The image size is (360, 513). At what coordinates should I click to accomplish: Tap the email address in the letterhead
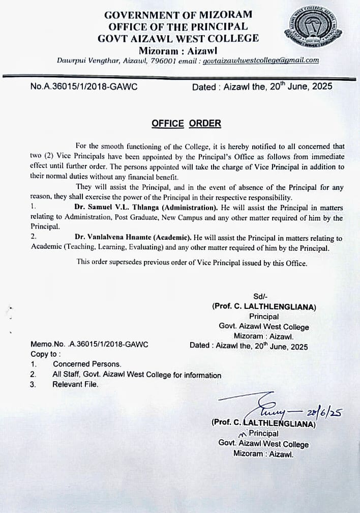click(x=261, y=60)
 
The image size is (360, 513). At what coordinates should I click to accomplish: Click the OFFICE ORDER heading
click(x=186, y=124)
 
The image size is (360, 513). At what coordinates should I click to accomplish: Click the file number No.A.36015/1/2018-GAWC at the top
click(x=84, y=87)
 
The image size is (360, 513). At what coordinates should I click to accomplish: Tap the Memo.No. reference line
click(x=89, y=344)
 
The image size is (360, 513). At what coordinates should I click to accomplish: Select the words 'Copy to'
click(x=46, y=354)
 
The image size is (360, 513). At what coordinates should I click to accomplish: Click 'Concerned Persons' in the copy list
click(x=87, y=364)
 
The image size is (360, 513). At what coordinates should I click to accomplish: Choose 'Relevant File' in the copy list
click(x=75, y=384)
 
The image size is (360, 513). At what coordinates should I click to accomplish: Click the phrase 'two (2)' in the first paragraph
click(x=43, y=156)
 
